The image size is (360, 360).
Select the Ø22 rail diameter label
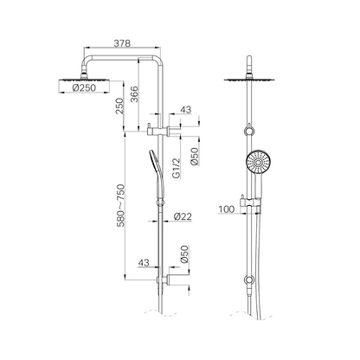181,215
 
